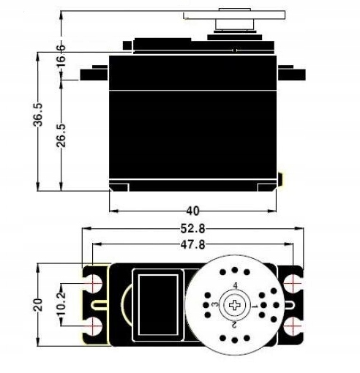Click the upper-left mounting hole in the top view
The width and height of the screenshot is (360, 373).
(x=94, y=282)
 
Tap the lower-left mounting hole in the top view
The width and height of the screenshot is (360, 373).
(x=94, y=323)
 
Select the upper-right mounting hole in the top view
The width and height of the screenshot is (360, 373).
(x=293, y=282)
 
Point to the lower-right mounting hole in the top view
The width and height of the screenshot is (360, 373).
(x=293, y=323)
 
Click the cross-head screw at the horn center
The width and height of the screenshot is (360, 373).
(x=235, y=303)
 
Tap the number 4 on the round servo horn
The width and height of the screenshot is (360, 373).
(x=235, y=285)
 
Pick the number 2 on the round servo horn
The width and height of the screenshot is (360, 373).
(x=234, y=323)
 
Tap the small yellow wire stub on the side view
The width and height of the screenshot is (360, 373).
(x=281, y=178)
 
